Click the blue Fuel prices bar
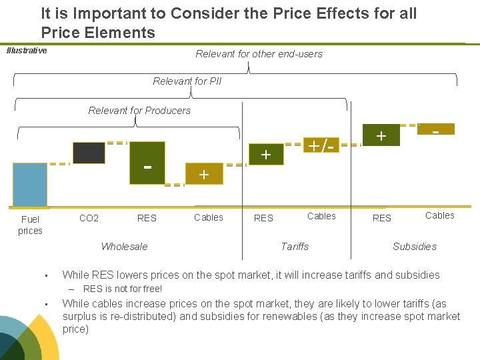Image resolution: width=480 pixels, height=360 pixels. coord(30,185)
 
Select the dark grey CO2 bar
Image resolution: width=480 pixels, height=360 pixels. coord(89,153)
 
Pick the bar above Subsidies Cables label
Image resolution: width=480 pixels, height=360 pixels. coord(435,129)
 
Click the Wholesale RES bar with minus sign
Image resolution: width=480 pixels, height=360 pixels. coord(147,163)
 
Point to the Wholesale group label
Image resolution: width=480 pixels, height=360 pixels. coord(124,247)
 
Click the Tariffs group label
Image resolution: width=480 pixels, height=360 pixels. coord(295,247)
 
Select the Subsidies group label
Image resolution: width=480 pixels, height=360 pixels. coord(415,247)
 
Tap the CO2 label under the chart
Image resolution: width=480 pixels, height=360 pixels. coord(89,218)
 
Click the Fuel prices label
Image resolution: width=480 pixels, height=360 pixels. coord(30,225)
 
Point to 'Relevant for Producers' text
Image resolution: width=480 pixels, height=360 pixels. coord(139,111)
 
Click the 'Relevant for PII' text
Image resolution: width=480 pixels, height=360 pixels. coord(187,81)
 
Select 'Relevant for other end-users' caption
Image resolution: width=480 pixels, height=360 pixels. coord(259,54)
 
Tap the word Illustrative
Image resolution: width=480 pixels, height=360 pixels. coord(27,51)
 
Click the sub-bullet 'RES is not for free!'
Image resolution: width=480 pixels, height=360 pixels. coord(122,289)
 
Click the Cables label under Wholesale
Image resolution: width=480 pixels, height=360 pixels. coord(209,217)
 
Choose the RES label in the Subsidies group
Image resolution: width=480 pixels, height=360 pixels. coord(382,218)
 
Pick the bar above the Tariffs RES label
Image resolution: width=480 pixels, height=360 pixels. coord(266,154)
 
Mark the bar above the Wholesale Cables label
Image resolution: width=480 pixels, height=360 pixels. coord(204,174)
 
